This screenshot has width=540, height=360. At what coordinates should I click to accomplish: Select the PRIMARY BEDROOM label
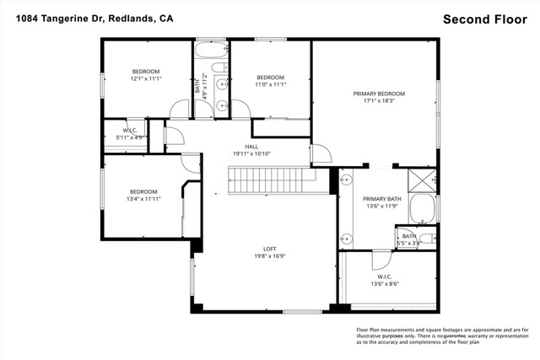pyautogui.click(x=378, y=94)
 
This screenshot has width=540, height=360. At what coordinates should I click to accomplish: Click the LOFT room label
pyautogui.click(x=269, y=249)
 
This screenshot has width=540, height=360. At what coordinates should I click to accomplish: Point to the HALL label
pyautogui.click(x=251, y=146)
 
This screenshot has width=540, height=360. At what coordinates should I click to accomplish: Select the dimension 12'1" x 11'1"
pyautogui.click(x=145, y=78)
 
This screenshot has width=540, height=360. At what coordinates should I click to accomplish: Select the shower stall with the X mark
pyautogui.click(x=422, y=180)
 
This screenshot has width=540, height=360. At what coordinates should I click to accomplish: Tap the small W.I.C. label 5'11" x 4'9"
pyautogui.click(x=130, y=137)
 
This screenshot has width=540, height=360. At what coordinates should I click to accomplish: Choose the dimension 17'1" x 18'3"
pyautogui.click(x=379, y=101)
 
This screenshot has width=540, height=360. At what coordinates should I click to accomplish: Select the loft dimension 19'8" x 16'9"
pyautogui.click(x=270, y=256)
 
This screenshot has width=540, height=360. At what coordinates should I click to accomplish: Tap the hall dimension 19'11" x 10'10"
pyautogui.click(x=251, y=153)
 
